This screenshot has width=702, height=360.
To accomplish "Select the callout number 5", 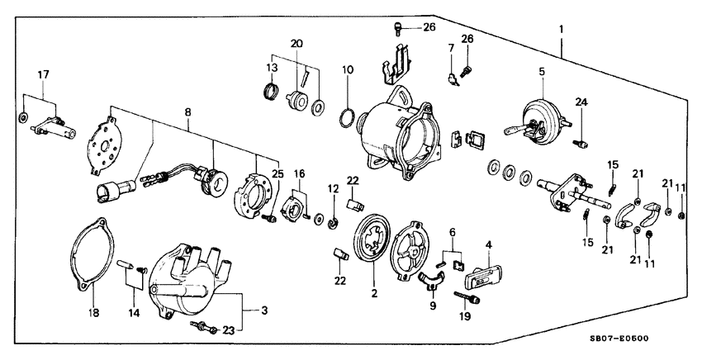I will point(542,72).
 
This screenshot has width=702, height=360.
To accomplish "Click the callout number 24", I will point(581,103).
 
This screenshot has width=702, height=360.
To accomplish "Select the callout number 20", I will point(296,43).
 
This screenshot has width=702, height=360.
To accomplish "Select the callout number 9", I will point(433,306).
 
